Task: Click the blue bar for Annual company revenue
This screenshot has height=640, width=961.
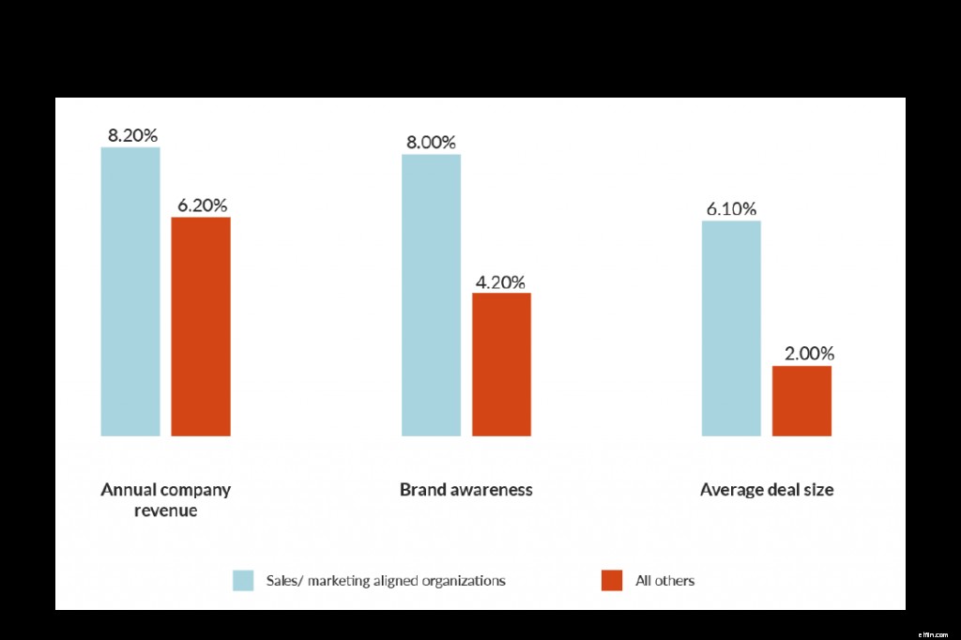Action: click(130, 291)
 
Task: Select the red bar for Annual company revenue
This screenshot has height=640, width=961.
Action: click(201, 326)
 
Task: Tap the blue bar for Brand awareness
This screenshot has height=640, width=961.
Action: click(431, 295)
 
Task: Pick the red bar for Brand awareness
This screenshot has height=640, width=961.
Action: click(501, 364)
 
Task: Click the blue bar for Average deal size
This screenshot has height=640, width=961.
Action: click(731, 328)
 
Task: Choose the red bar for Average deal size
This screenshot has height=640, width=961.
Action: click(801, 401)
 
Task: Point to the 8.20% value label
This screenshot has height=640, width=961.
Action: click(132, 135)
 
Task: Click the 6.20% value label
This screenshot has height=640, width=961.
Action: click(202, 205)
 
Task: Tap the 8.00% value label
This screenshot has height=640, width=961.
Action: click(431, 143)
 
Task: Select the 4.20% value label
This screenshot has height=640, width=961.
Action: click(500, 282)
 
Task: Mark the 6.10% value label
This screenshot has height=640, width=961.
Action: click(731, 209)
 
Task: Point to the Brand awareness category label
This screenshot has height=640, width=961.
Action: click(465, 490)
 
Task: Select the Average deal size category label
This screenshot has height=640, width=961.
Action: click(767, 490)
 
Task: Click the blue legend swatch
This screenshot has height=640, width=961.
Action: click(244, 581)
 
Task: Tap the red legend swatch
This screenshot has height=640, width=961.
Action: click(612, 581)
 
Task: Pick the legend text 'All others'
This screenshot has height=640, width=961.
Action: click(664, 581)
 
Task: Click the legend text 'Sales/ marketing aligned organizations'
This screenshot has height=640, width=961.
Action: click(385, 581)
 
